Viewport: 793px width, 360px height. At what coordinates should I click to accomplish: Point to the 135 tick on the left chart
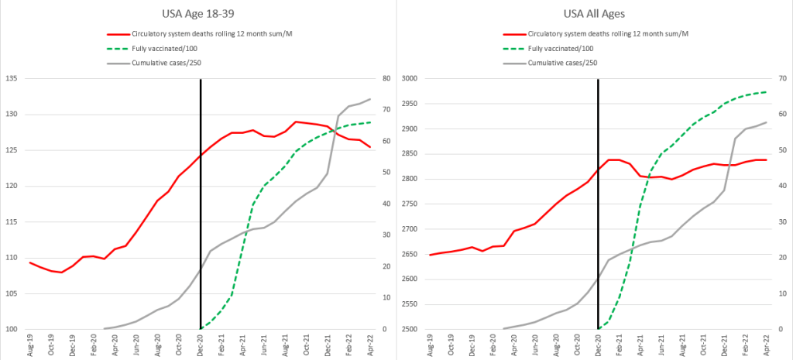click(x=11, y=79)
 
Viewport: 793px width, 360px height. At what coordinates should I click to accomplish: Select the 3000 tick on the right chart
click(x=408, y=79)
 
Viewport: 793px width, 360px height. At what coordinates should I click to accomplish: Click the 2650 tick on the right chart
click(x=408, y=254)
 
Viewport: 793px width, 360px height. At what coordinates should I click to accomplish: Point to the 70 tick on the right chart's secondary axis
click(x=781, y=79)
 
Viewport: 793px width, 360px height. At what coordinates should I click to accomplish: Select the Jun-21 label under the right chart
click(x=661, y=345)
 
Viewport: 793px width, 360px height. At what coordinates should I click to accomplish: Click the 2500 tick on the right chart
click(x=408, y=330)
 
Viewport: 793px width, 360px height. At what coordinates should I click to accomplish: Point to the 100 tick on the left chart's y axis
click(x=11, y=330)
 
